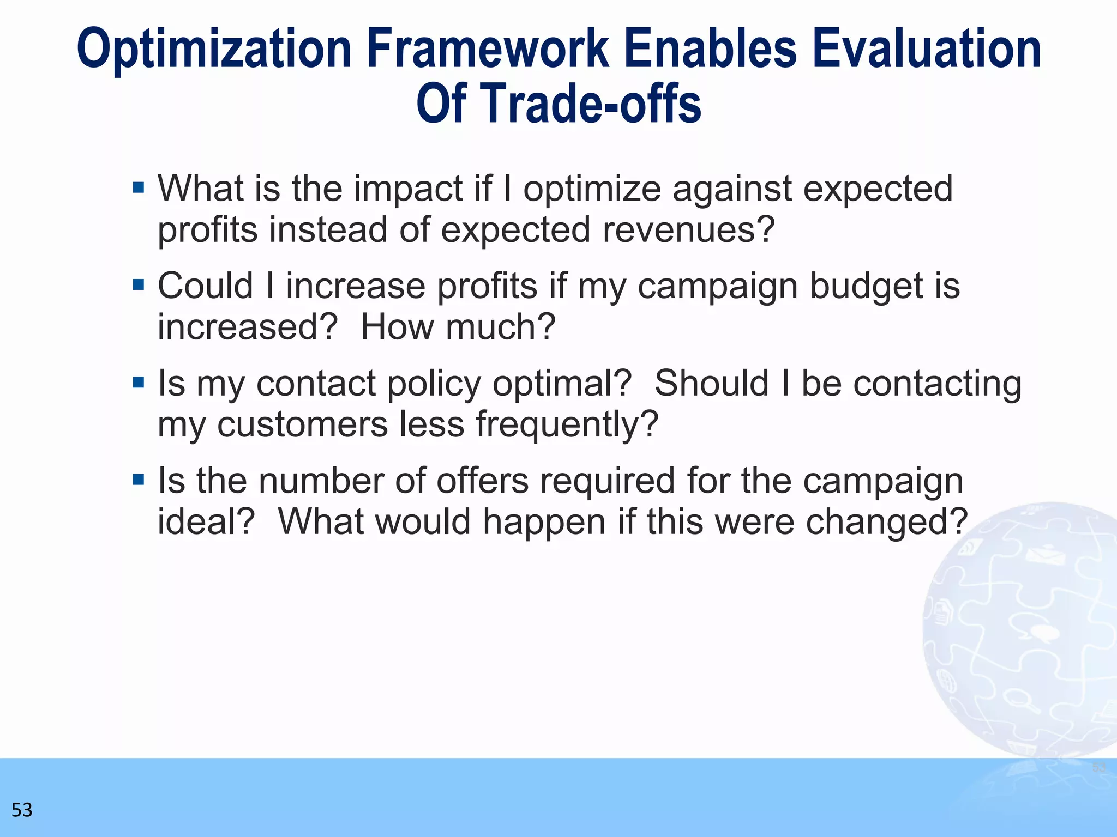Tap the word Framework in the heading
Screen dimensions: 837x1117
click(x=488, y=49)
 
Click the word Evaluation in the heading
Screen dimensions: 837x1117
click(x=927, y=49)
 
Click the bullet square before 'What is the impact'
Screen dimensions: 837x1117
click(x=139, y=188)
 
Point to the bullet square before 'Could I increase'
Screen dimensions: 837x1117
click(x=139, y=285)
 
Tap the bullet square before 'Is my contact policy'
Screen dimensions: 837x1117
click(x=139, y=383)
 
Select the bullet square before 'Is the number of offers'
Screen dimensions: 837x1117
click(x=139, y=480)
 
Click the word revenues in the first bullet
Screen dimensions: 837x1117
click(x=688, y=229)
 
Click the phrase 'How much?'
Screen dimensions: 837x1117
click(x=458, y=327)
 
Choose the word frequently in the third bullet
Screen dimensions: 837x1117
click(x=567, y=424)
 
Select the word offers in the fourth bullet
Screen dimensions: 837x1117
click(x=483, y=481)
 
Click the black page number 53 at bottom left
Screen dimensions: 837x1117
click(x=22, y=810)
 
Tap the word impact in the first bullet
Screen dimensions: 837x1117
click(x=408, y=189)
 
